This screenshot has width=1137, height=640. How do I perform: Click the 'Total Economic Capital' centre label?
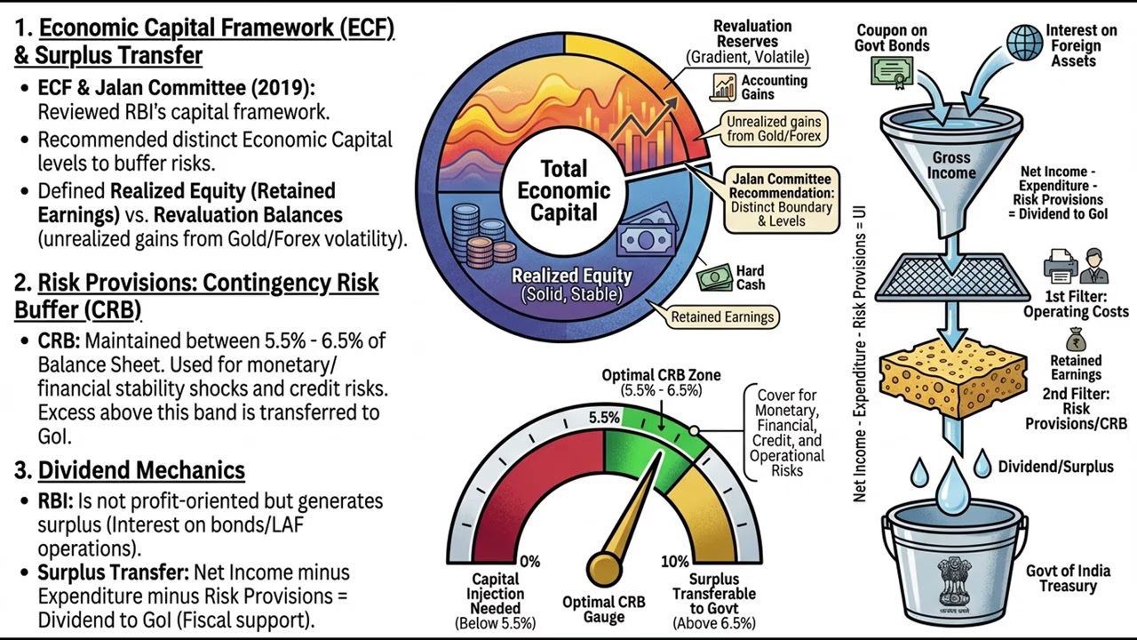(x=563, y=190)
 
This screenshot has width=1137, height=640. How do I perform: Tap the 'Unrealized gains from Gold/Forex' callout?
(x=774, y=129)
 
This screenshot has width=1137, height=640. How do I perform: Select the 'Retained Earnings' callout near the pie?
(x=722, y=316)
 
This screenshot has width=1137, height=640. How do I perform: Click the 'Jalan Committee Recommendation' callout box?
(x=781, y=200)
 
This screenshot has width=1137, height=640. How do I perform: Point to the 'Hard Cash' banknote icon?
(x=714, y=277)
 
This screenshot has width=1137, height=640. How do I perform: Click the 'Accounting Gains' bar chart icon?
(x=724, y=87)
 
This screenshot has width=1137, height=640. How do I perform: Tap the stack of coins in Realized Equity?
(x=479, y=236)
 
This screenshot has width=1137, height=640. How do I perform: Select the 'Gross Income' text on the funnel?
(x=950, y=165)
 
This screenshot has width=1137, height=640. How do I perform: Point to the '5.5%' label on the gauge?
(x=604, y=417)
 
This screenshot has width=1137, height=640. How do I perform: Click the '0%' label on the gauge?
(x=529, y=562)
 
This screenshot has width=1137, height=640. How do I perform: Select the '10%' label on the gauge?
(x=675, y=562)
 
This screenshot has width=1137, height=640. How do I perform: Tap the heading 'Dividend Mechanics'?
(x=141, y=469)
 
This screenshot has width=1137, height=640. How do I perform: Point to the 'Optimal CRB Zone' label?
(x=661, y=375)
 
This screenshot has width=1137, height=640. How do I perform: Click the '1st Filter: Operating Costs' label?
(x=1076, y=304)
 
